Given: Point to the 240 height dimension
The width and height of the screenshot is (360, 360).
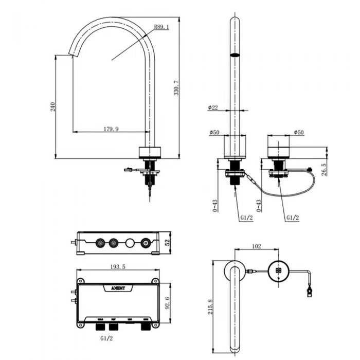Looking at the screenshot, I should pos(52,106).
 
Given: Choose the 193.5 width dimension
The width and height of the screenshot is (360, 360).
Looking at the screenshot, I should pos(117,267).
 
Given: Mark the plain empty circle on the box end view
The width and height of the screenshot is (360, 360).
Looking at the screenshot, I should pos(130,242).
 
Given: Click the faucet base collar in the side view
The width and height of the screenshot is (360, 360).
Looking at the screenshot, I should pos(151,152).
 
